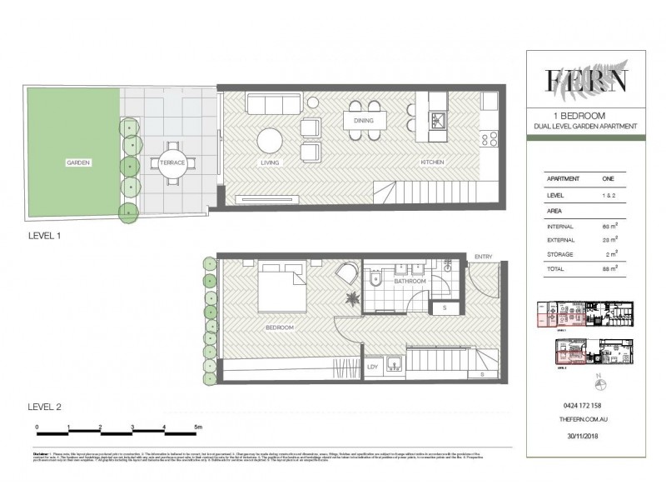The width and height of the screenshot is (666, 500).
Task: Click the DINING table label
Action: (363, 121)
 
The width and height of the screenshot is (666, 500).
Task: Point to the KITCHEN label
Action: (432, 162)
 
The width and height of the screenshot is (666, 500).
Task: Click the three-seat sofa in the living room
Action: (273, 104)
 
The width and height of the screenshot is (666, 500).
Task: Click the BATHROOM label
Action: (410, 282)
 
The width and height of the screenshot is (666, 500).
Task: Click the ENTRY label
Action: (483, 257)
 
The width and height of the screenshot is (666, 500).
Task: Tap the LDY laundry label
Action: (371, 365)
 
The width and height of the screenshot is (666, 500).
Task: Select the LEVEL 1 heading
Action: (45, 236)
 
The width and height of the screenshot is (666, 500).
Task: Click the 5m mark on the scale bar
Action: (196, 427)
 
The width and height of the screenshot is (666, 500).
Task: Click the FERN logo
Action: (586, 81)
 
